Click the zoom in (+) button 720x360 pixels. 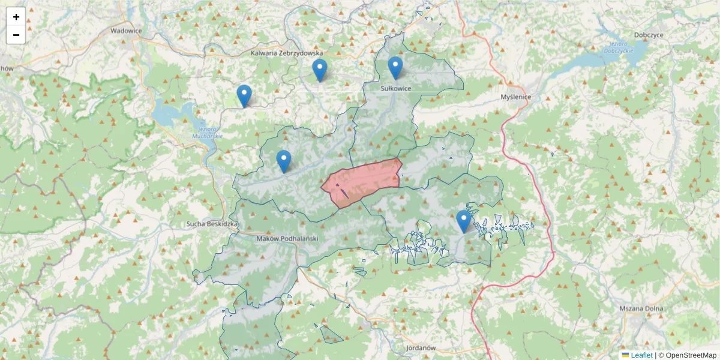(x=16, y=17)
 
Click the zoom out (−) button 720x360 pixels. (x=16, y=35)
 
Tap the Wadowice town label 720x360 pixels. (x=126, y=31)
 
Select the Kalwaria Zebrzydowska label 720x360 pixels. (x=287, y=53)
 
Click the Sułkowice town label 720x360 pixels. (x=396, y=88)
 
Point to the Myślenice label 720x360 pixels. (x=516, y=97)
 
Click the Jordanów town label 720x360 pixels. (x=420, y=348)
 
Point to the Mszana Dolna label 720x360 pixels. (x=641, y=308)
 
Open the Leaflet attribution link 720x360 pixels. (x=641, y=355)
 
